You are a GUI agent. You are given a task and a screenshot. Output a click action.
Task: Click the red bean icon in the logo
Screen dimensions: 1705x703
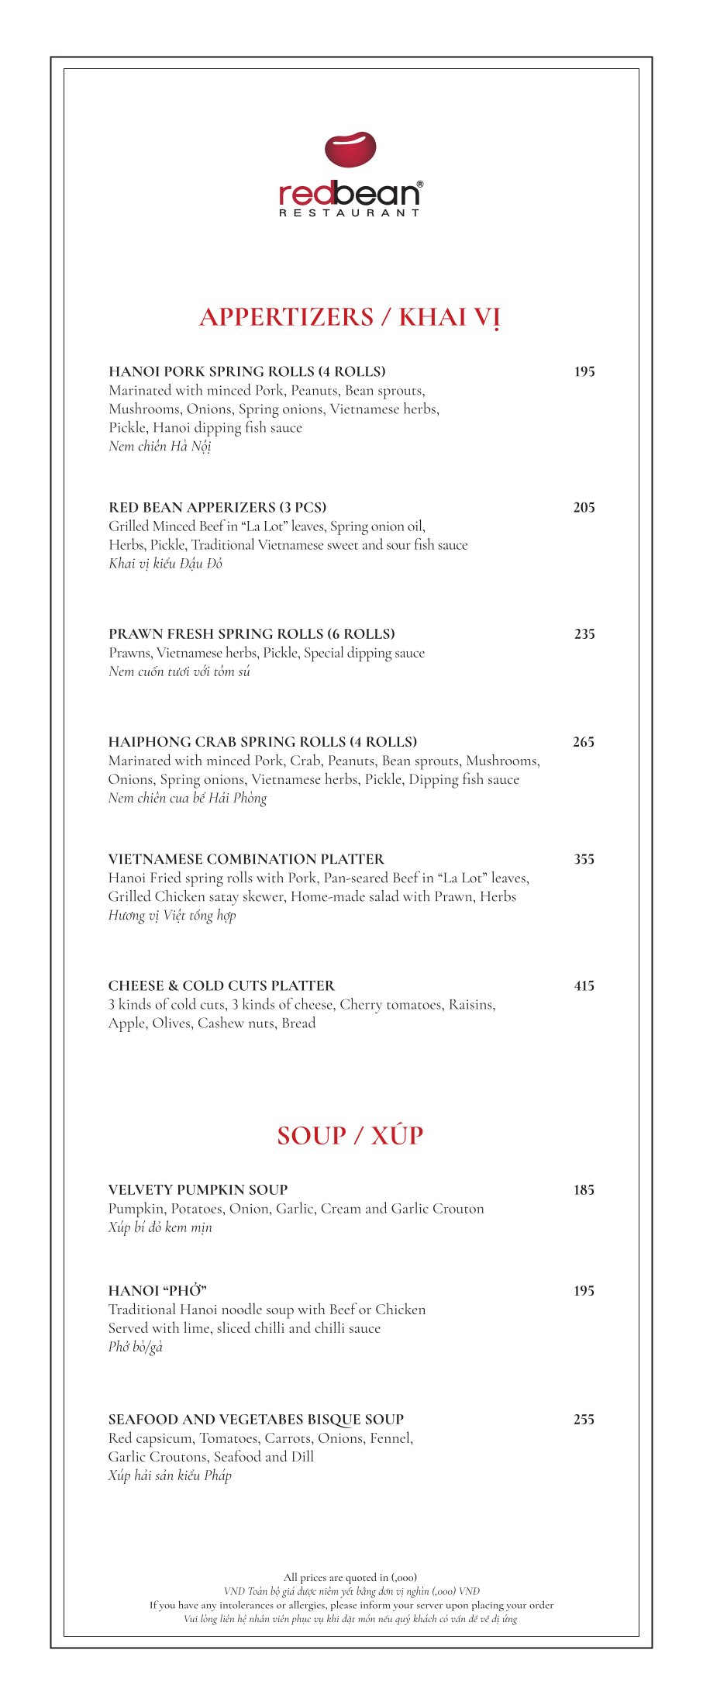[x=350, y=150]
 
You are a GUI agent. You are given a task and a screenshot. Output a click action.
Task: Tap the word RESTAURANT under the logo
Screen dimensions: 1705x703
[x=350, y=212]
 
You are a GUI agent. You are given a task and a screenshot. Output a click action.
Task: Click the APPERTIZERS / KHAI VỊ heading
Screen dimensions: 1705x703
[x=350, y=317]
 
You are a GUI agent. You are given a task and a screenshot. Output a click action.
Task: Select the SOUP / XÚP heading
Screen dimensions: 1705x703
[x=350, y=1135]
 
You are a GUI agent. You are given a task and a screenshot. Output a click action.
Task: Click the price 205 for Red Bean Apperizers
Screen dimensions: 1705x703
[x=584, y=508]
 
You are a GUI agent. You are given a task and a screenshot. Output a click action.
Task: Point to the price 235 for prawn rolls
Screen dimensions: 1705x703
[x=584, y=634]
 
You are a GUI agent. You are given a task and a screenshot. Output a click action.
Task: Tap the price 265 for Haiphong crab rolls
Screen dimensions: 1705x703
[x=584, y=742]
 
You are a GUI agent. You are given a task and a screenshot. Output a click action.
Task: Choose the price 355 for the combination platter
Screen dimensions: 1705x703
[x=584, y=859]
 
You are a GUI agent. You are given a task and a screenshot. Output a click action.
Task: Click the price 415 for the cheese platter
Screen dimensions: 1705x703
[x=584, y=986]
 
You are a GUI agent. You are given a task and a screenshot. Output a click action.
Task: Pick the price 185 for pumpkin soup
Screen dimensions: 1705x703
[x=584, y=1190]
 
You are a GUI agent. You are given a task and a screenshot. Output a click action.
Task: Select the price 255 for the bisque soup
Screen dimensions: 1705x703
[x=584, y=1420]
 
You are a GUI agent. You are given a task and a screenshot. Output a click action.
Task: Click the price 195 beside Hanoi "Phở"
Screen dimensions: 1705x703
[x=584, y=1291]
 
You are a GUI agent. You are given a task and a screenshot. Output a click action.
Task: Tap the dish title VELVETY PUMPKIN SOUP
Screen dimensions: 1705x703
[x=198, y=1190]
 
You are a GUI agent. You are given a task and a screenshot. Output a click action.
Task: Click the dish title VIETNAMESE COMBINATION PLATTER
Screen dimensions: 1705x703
[x=246, y=859]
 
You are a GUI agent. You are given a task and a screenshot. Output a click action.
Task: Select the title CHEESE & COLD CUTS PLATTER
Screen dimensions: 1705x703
[x=221, y=986]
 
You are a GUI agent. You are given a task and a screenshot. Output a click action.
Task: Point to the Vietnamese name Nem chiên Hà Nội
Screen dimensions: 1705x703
[x=160, y=447]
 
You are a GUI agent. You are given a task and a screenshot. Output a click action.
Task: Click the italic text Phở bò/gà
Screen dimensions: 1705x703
[x=136, y=1347]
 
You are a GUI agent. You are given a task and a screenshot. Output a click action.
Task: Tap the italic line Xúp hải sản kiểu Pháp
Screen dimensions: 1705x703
[x=170, y=1475]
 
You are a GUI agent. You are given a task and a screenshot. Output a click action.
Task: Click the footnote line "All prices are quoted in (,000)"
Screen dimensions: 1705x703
[x=350, y=1577]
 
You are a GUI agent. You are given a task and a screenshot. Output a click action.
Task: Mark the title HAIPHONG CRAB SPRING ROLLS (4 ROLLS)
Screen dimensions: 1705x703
[x=262, y=742]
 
